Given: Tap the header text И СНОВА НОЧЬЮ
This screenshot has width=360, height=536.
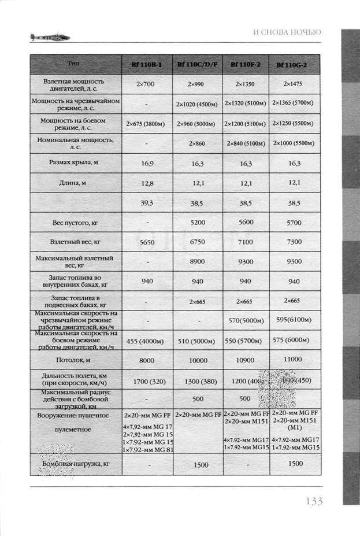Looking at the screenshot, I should click(x=287, y=32).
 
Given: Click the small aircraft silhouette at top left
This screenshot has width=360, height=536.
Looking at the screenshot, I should click(x=50, y=38).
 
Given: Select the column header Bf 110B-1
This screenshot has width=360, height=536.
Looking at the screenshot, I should click(x=147, y=64).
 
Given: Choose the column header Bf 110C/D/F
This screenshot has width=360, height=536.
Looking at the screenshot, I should click(x=197, y=64).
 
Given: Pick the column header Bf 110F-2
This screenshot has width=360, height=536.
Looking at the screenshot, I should click(x=245, y=64).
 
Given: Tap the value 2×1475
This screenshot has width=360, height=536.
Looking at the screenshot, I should click(x=294, y=84).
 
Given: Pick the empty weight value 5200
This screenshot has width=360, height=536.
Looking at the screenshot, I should click(x=197, y=222).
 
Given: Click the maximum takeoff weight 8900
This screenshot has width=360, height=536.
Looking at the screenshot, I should click(x=197, y=261).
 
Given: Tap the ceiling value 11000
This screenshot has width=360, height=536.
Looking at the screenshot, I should click(x=294, y=359).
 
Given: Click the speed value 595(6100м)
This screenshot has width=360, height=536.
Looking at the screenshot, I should click(x=294, y=320).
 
